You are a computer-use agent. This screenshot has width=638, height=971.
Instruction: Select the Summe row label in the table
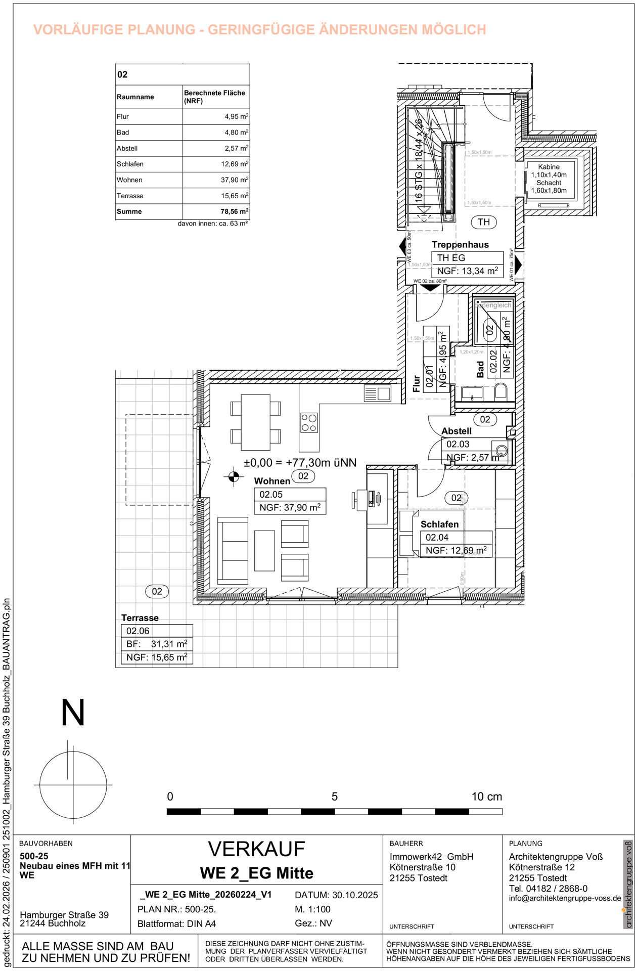[129, 211]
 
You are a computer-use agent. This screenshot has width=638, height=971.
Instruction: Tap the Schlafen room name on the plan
[439, 524]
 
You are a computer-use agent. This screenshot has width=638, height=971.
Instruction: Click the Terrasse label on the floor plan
[140, 618]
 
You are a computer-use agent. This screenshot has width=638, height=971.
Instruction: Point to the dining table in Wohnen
[255, 422]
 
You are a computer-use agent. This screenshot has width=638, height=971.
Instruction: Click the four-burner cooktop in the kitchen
[309, 423]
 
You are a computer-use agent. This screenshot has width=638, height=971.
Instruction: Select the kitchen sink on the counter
[377, 393]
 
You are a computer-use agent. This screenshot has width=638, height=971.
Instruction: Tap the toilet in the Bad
[500, 391]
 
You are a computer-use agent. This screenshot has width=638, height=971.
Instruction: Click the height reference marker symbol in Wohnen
[234, 476]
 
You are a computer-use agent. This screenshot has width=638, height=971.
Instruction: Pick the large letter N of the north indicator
[73, 714]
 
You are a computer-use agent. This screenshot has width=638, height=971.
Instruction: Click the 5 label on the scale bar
[335, 797]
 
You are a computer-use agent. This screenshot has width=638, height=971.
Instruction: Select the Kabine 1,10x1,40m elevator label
[549, 170]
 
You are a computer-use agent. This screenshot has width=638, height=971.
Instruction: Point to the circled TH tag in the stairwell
[484, 222]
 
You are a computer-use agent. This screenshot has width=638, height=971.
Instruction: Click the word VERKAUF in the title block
[256, 850]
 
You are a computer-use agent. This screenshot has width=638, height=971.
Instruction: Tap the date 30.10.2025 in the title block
[355, 895]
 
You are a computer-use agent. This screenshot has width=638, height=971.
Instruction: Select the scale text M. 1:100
[312, 909]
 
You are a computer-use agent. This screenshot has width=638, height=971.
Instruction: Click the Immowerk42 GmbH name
[431, 857]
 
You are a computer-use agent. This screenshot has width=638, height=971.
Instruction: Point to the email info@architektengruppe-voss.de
[565, 899]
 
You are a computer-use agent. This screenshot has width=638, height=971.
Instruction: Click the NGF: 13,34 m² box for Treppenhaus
[467, 271]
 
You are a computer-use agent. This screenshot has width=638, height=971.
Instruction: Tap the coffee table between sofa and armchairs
[264, 550]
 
